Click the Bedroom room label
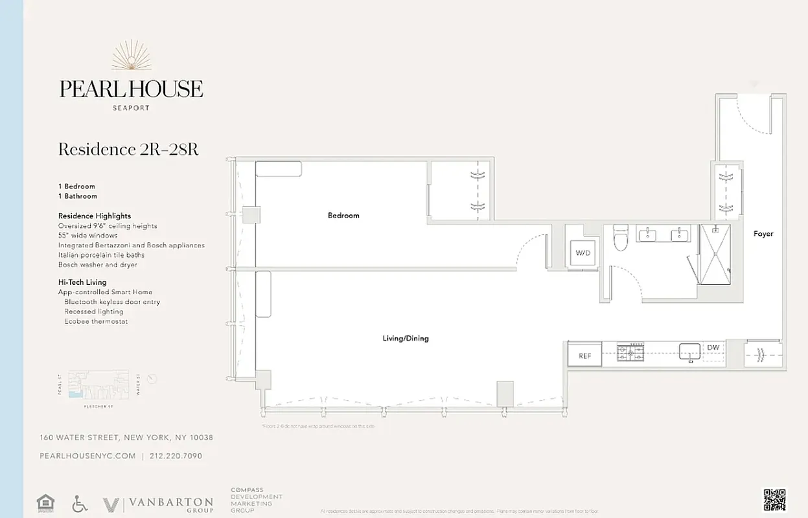(343, 216)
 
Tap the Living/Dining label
(406, 339)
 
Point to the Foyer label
(763, 234)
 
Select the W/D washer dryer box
(583, 253)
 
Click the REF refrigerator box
(584, 355)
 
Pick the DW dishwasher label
(713, 348)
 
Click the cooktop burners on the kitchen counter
(630, 352)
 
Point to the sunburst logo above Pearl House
(132, 56)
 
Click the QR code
(774, 499)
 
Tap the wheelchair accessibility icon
(80, 504)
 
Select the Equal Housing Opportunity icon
(45, 503)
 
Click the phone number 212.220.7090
(176, 456)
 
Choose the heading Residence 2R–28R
(128, 150)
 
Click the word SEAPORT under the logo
(131, 108)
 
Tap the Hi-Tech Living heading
(82, 282)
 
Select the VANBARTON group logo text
(170, 503)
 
